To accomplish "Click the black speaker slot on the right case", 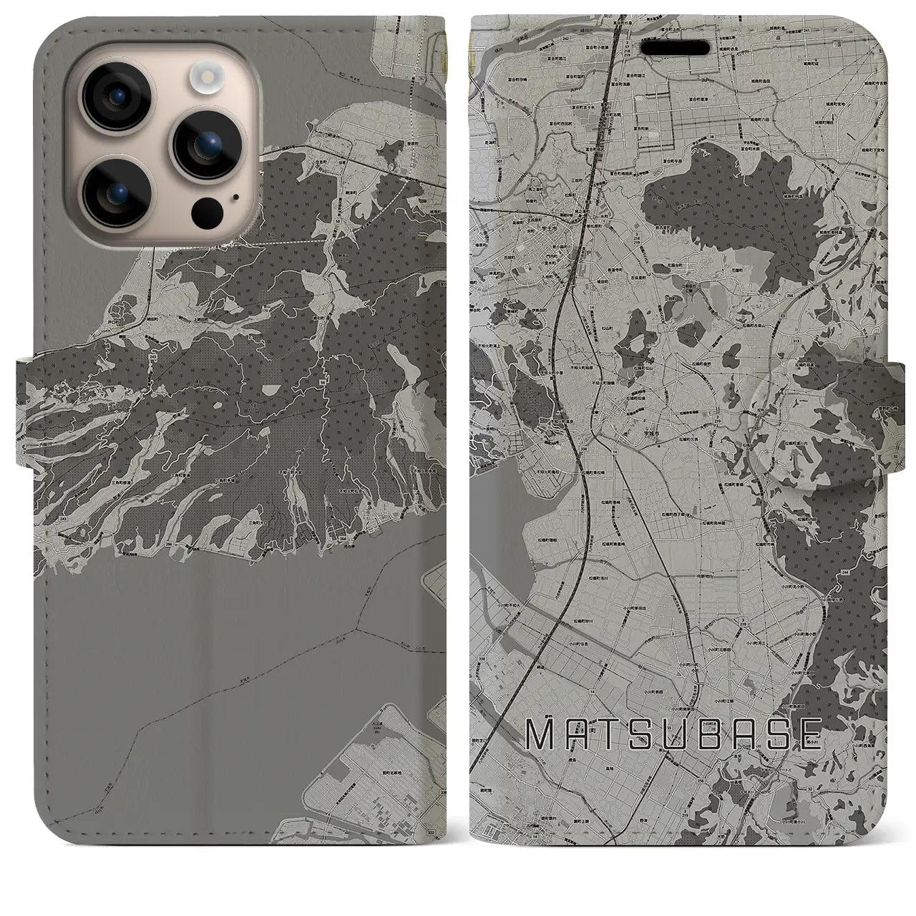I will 679,47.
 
